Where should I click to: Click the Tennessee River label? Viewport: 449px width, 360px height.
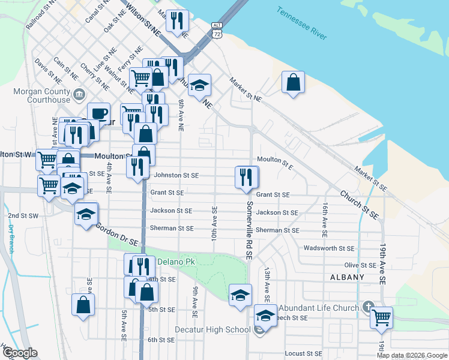tap(302, 23)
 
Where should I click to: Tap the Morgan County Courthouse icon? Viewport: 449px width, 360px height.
tap(79, 94)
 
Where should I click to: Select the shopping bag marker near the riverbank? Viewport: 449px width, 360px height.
tap(293, 83)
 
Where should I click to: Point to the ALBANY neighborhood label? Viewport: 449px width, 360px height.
tap(347, 277)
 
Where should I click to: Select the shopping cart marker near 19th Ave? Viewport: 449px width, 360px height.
tap(381, 317)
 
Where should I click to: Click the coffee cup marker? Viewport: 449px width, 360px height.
tap(98, 113)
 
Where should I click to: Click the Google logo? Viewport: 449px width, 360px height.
tap(19, 353)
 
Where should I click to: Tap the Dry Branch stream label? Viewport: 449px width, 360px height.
tap(11, 237)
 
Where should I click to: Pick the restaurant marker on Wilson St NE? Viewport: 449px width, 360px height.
tap(177, 22)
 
